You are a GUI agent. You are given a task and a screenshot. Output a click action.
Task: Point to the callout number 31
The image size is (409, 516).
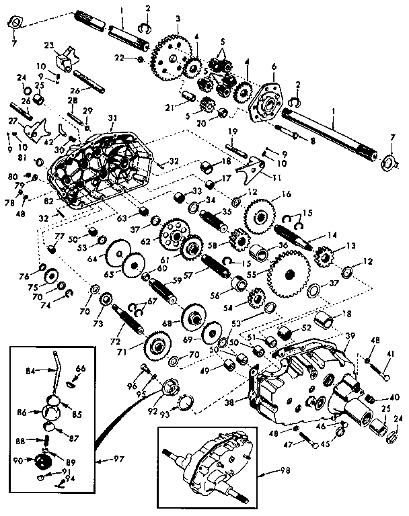coord(112,118)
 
